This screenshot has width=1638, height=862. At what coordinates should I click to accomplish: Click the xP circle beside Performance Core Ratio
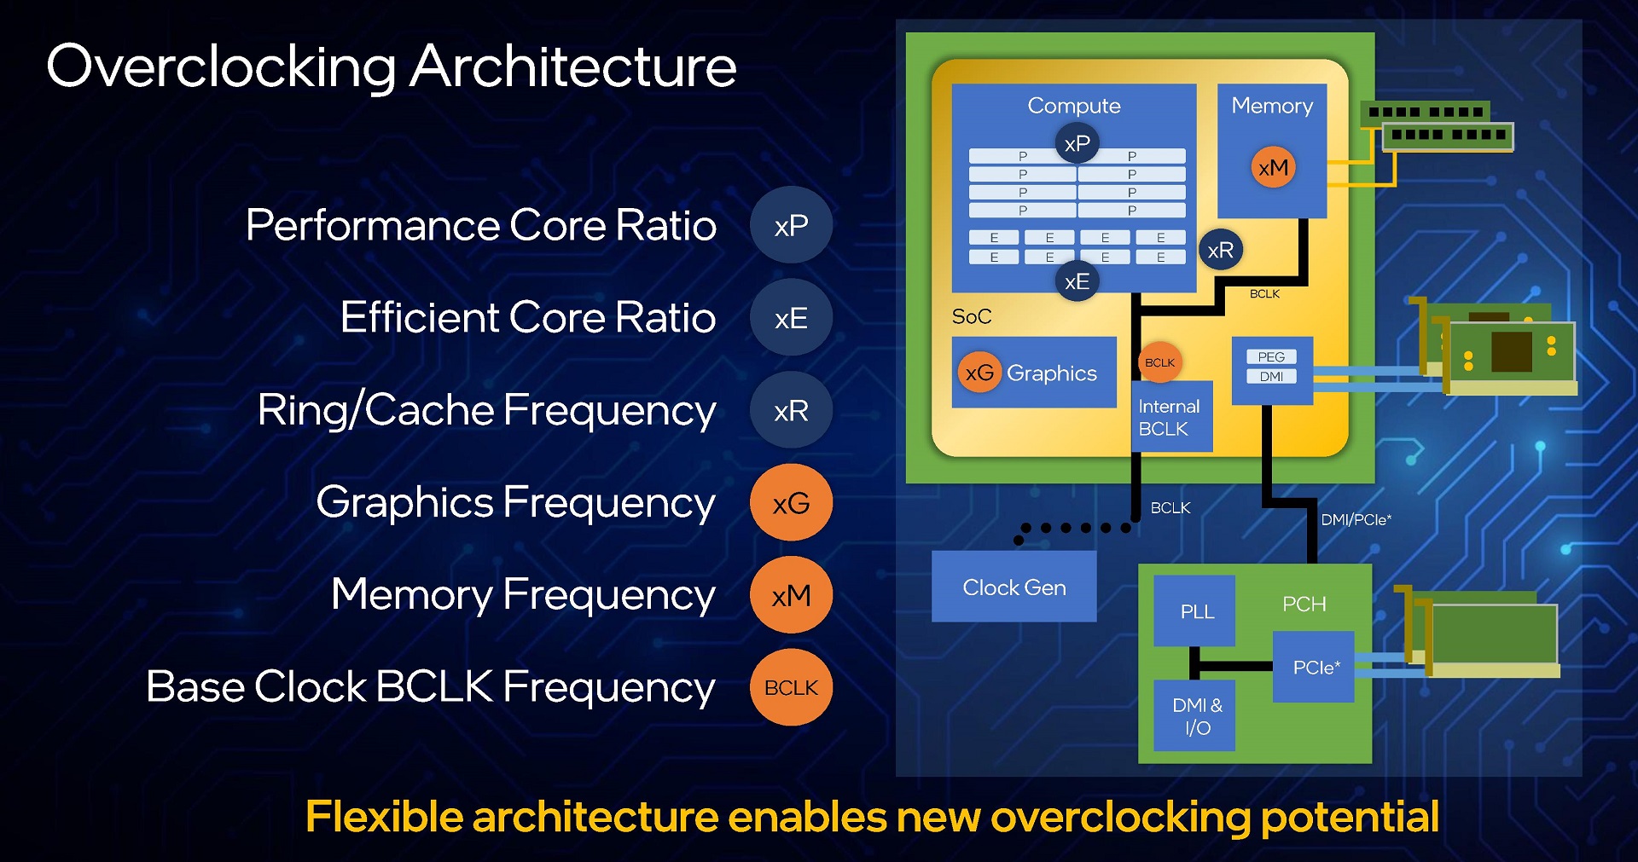791,225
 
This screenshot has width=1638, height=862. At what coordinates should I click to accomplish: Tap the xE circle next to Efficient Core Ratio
791,318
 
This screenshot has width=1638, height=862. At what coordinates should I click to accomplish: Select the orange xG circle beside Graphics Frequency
791,502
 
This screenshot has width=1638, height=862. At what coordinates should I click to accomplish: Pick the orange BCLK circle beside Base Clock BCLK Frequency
791,687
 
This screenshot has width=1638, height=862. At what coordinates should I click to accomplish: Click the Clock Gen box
1014,587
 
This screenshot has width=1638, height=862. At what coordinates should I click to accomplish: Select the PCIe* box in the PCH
1314,667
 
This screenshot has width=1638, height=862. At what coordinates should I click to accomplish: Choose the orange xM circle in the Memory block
1273,167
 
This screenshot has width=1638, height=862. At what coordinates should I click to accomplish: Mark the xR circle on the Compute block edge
1221,250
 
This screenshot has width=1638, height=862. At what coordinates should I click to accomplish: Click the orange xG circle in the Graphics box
979,372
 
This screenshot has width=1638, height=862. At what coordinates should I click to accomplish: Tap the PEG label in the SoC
1271,356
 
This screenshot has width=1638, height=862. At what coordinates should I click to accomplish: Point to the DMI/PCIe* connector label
1356,519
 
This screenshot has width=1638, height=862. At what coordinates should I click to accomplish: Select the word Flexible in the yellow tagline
384,816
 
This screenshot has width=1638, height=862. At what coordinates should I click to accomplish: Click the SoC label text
972,316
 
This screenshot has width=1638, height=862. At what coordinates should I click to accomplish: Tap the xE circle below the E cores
1077,281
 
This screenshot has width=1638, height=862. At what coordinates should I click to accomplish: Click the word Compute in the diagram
1074,106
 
